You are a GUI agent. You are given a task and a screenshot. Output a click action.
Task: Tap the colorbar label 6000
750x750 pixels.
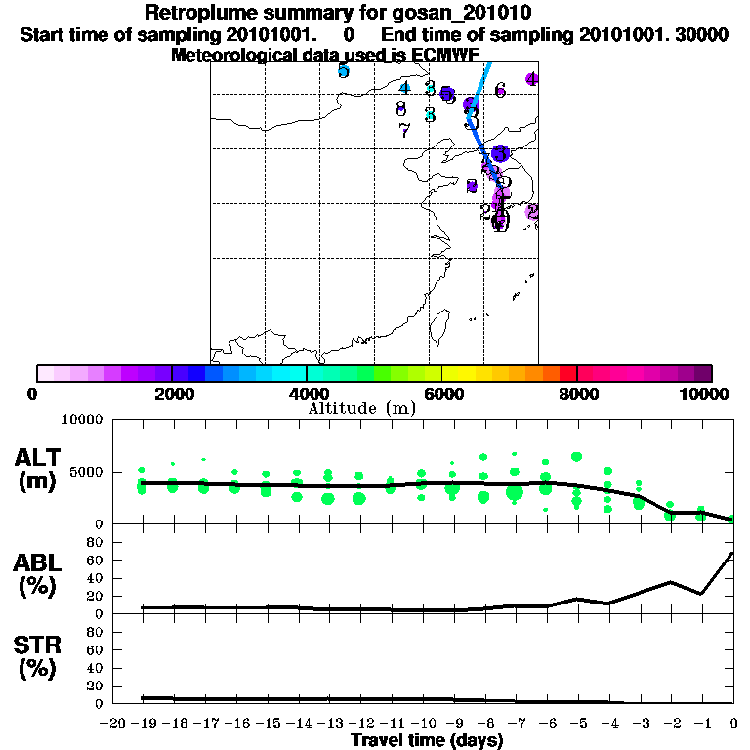tap(442, 394)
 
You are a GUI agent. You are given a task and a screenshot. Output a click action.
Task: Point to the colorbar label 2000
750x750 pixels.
tap(171, 394)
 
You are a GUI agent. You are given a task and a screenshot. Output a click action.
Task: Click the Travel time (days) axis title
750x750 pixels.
tap(427, 740)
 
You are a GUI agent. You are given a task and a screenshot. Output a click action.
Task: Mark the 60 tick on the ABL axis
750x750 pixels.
tap(97, 561)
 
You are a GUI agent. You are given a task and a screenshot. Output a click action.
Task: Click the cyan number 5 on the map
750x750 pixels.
tap(343, 70)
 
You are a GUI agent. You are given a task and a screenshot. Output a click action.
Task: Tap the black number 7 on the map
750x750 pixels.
tap(404, 129)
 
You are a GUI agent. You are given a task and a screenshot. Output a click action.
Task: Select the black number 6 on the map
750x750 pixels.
tap(500, 91)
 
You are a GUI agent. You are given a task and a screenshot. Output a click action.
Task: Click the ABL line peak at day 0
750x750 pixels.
tap(732, 553)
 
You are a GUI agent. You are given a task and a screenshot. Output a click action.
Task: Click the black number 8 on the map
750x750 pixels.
tap(400, 108)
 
